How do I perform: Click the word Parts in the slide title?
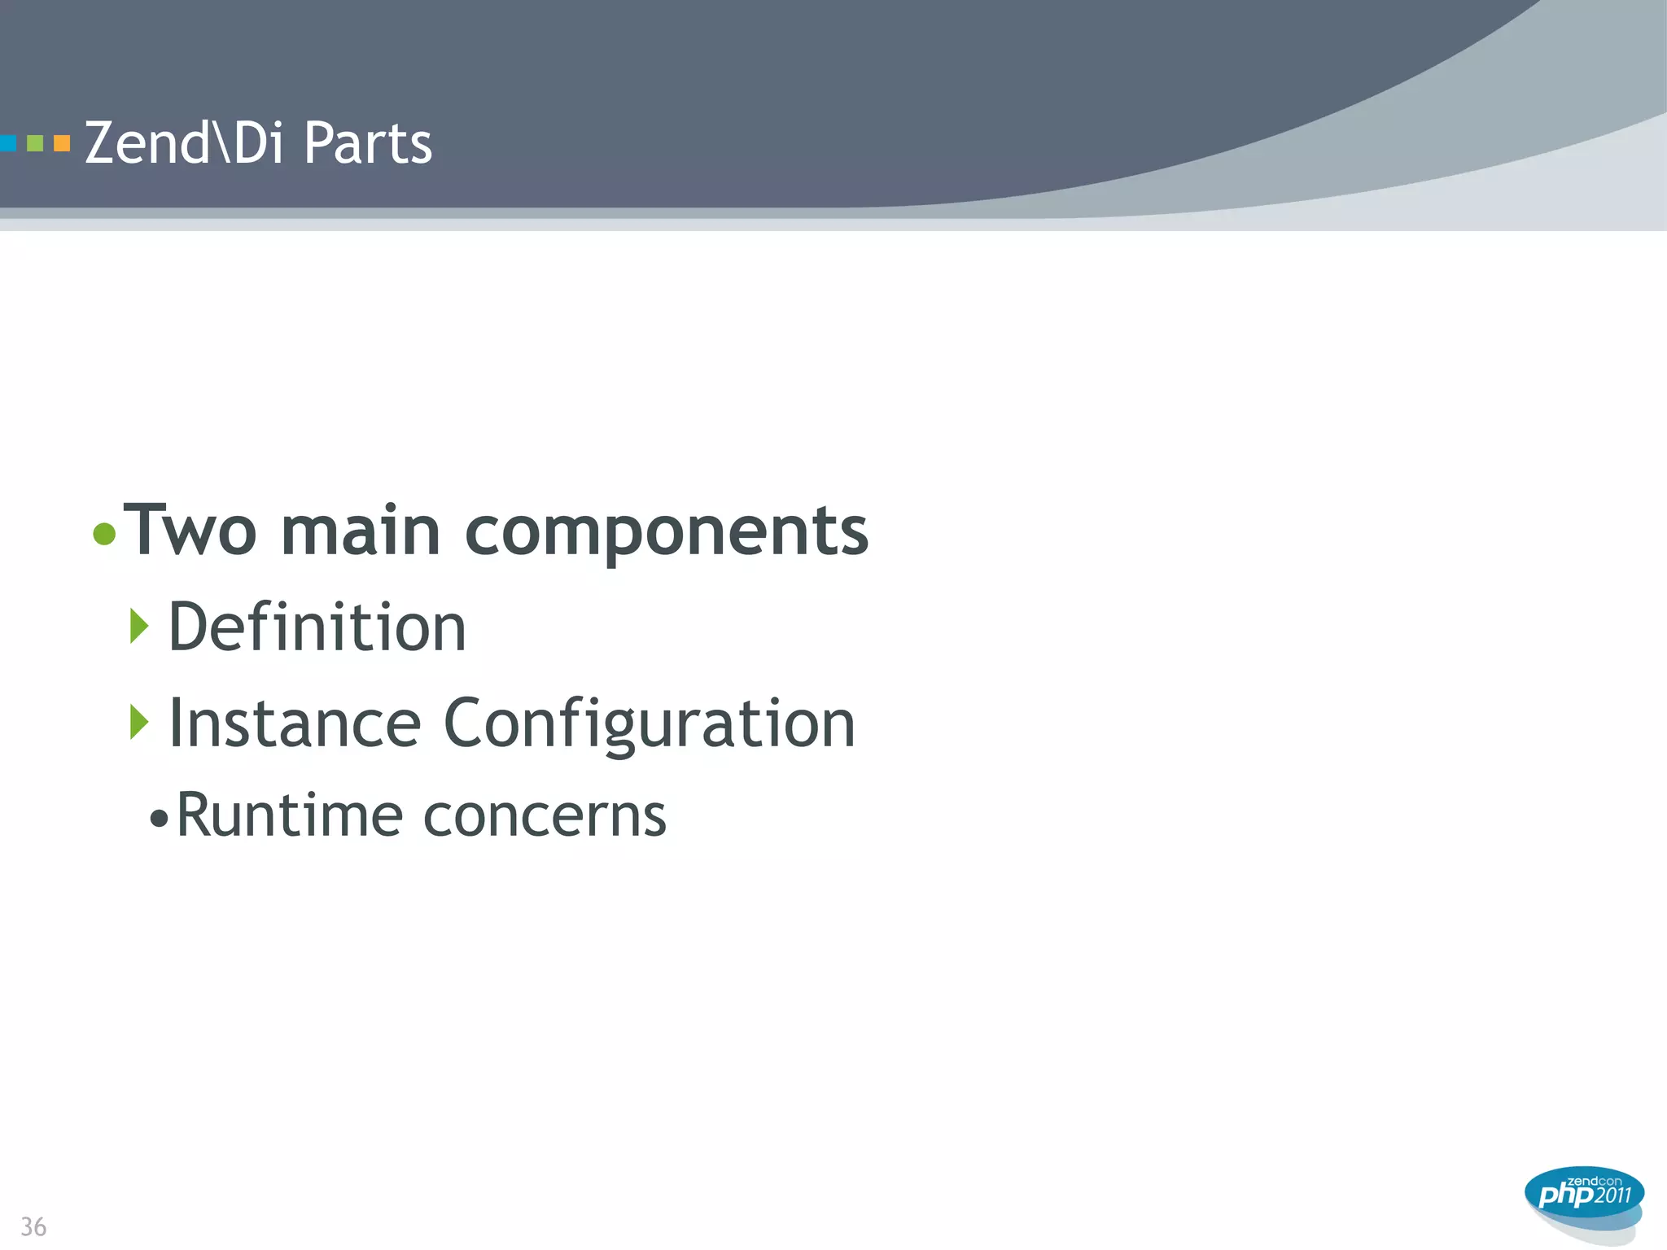tap(367, 143)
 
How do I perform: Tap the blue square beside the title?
tap(7, 144)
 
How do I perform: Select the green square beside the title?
tap(35, 144)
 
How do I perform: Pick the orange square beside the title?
tap(62, 144)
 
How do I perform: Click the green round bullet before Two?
tap(104, 534)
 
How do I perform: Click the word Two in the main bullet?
tap(190, 531)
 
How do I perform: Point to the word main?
tap(361, 531)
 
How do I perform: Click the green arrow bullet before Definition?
tap(139, 626)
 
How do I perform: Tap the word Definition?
tap(317, 627)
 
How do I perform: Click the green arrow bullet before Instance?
tap(139, 722)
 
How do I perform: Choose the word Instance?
tap(295, 723)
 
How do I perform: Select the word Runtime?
tap(289, 815)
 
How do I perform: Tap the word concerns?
tap(545, 816)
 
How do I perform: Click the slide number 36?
tap(33, 1226)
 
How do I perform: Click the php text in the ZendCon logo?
tap(1564, 1195)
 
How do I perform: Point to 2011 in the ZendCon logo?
tap(1612, 1195)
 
